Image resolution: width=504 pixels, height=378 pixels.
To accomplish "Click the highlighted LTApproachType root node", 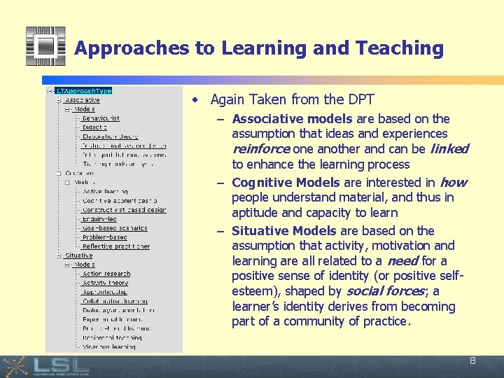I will pos(83,91).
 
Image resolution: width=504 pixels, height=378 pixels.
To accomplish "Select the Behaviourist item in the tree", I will pos(100,118).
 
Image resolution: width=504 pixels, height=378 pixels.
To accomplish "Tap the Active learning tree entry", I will pos(105,192).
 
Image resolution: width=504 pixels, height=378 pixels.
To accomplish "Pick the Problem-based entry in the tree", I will pos(104,237).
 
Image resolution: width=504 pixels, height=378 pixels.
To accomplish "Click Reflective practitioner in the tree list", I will pos(115,246).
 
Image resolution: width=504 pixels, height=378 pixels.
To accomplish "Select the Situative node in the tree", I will pos(78,255).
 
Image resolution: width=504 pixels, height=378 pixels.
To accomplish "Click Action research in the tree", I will pos(106,274).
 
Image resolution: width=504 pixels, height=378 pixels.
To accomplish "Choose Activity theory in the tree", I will pos(105,283).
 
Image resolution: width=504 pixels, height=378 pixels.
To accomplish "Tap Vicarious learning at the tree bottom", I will pos(109,346).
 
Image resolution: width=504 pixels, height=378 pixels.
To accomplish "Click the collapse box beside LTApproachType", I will pos(50,91).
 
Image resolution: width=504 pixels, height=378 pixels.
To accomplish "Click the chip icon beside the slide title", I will pos(45,47).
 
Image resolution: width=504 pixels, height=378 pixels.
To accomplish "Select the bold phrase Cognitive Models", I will pos(286,183).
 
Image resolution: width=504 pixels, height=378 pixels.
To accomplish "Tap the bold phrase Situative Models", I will pos(284,231).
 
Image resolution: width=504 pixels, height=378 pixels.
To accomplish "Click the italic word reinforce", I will pos(260,149).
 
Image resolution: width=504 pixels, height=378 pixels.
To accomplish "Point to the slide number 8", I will pos(472,361).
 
